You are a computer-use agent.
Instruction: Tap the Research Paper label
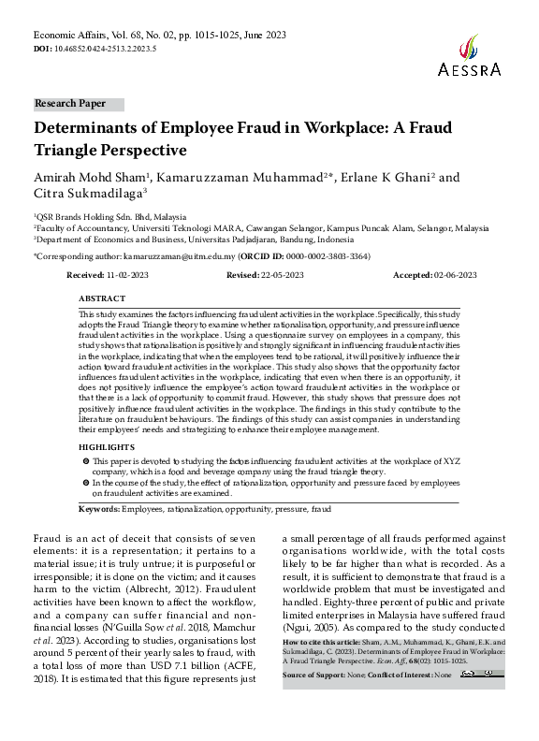70,104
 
